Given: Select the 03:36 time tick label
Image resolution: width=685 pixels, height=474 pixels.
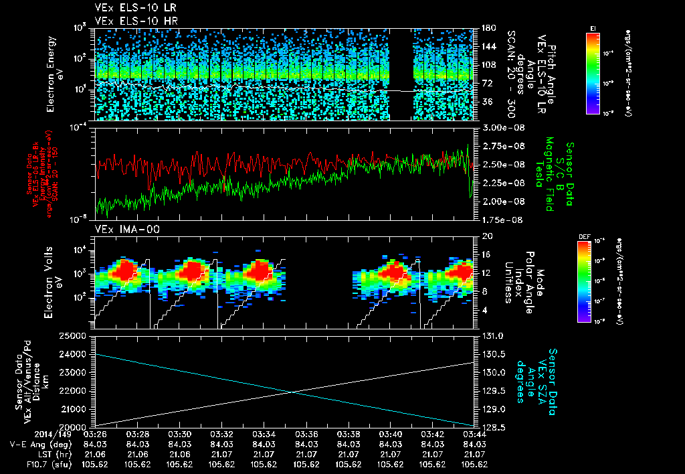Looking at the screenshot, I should (x=306, y=434).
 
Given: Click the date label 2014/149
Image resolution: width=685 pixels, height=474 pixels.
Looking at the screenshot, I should (x=25, y=434).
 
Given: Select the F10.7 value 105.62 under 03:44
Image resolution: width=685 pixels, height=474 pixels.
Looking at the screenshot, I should (x=474, y=464).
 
